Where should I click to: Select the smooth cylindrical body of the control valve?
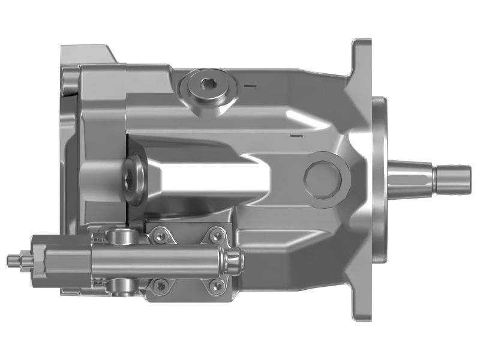coord(162,260)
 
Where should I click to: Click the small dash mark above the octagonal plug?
coord(294,137)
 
